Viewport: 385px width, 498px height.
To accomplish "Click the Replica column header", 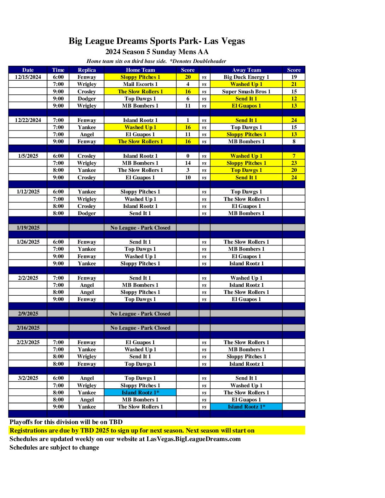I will tap(87, 70).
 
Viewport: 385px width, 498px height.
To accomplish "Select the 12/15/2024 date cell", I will tap(28, 77).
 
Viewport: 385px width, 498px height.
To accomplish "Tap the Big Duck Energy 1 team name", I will tap(246, 77).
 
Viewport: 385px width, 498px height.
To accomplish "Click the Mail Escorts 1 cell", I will tap(140, 84).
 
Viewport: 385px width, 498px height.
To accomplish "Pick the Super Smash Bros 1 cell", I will tap(246, 92).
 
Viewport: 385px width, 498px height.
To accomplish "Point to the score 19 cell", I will tap(294, 77).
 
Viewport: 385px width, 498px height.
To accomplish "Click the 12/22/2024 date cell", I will tap(28, 120).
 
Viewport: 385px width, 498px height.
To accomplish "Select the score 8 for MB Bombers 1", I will tap(294, 141).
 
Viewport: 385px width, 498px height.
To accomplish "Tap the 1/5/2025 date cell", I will tap(28, 156).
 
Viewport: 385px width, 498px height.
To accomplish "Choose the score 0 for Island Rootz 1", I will tap(188, 156).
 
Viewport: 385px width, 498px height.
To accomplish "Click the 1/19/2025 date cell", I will tap(28, 228).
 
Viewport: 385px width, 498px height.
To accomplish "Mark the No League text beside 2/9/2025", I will tap(140, 314).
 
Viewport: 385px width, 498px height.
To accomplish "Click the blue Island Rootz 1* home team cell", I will tap(140, 393).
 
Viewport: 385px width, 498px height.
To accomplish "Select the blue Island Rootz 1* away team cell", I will tap(246, 407).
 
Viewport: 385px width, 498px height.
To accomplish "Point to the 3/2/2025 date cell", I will tap(28, 378).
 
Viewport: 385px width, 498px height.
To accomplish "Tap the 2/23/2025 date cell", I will tap(28, 342).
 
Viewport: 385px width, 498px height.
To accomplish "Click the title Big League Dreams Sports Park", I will tap(157, 41).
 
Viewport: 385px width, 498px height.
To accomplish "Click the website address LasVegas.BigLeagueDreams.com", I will tap(194, 439).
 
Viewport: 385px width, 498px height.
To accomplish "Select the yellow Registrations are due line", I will tap(132, 430).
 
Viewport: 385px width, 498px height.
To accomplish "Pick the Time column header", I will tap(58, 70).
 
